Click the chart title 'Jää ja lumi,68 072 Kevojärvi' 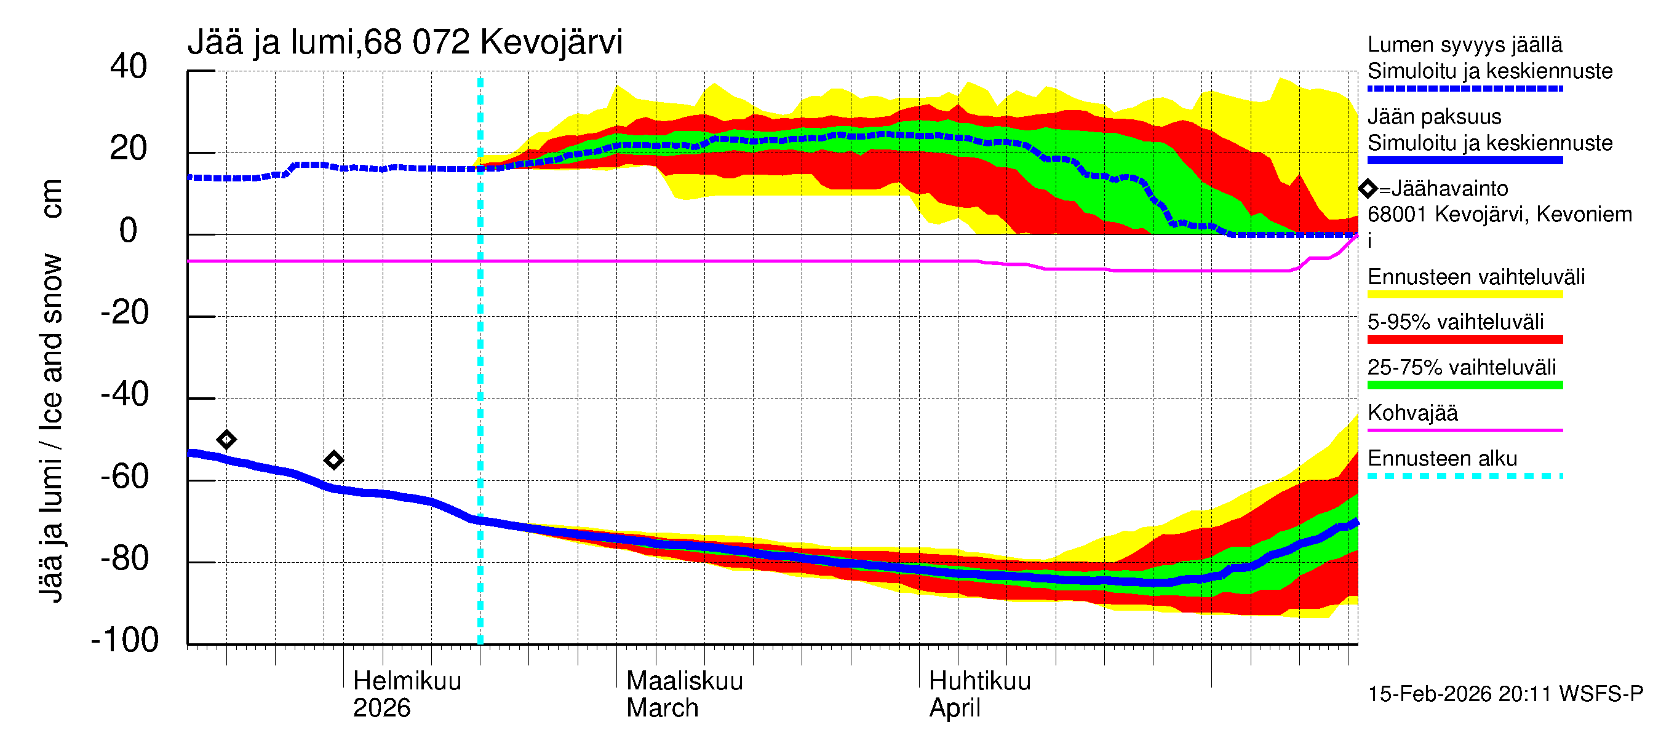[x=405, y=42]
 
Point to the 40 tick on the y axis [x=129, y=66]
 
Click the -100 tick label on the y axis [x=125, y=640]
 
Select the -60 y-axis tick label [x=125, y=477]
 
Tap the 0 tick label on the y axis [x=129, y=231]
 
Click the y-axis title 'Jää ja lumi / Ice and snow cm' [x=51, y=391]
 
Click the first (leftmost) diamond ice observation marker [x=226, y=440]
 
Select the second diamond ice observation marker [x=333, y=460]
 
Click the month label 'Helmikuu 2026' [x=407, y=694]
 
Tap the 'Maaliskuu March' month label [x=684, y=694]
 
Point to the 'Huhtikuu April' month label [x=979, y=694]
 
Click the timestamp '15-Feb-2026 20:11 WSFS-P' [x=1505, y=694]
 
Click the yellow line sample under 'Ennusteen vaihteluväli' [x=1464, y=295]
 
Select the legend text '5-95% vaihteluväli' [x=1456, y=322]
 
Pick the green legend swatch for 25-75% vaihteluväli [x=1464, y=386]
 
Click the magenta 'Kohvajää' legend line [x=1464, y=430]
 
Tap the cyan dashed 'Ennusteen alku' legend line [x=1464, y=476]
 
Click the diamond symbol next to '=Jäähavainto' [x=1368, y=189]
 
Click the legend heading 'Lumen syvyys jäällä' [x=1464, y=45]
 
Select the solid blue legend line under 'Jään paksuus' [x=1464, y=161]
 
